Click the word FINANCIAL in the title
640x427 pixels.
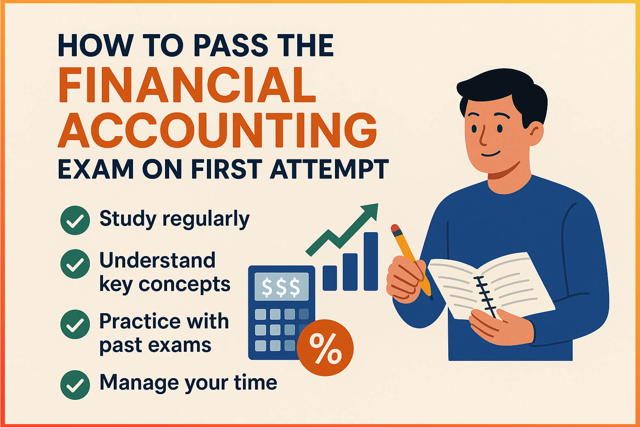187,85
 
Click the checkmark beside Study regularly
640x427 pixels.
75,220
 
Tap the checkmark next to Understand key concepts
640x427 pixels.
75,264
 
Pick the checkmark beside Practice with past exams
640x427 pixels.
75,325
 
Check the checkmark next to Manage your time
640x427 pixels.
75,385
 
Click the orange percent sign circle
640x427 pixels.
325,348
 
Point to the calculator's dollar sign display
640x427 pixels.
281,286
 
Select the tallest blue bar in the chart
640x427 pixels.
371,261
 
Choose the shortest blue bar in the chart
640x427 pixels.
330,278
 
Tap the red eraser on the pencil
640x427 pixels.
395,229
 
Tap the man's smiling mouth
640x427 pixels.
491,155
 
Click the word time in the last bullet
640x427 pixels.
255,383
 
